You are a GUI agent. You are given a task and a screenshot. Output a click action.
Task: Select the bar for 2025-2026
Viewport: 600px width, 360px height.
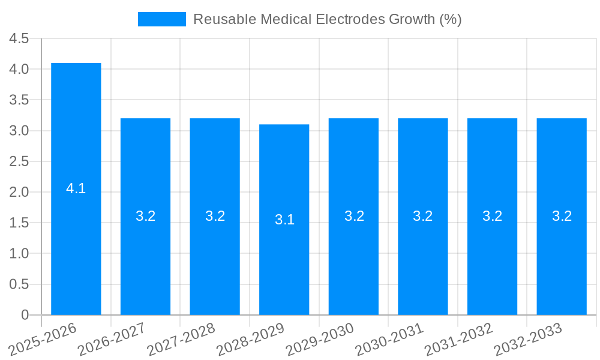[x=76, y=150]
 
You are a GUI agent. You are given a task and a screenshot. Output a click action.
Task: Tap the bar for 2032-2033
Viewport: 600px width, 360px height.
[x=562, y=168]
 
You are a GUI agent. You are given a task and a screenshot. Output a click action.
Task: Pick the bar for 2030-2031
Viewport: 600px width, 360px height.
[x=422, y=168]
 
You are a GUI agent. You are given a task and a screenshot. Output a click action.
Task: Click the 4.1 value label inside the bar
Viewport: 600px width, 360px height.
[x=76, y=188]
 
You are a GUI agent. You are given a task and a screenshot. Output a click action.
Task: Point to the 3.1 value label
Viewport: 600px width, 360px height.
[x=284, y=220]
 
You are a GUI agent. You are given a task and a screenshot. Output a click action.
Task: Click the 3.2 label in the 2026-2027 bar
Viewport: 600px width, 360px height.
[x=145, y=216]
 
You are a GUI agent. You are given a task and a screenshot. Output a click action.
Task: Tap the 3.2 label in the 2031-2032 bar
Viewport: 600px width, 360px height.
[x=492, y=216]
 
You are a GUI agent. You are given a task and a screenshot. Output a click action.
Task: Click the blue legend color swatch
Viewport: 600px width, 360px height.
[x=161, y=19]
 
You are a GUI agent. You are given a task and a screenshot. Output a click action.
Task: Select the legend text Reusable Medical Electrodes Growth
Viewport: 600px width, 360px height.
[x=327, y=19]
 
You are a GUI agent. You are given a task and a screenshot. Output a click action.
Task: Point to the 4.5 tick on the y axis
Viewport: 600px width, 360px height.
[x=19, y=39]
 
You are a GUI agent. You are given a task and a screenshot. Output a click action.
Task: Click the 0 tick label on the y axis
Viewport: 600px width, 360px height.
[x=25, y=315]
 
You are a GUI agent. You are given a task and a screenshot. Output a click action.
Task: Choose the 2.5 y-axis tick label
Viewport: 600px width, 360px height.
[x=19, y=161]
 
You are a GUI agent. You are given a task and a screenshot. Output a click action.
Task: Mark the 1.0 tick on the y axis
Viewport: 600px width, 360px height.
[x=19, y=254]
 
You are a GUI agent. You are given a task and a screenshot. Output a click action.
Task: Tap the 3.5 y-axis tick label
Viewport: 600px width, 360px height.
[x=19, y=100]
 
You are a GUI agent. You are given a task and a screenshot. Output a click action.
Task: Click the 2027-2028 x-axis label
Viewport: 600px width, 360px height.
[x=181, y=338]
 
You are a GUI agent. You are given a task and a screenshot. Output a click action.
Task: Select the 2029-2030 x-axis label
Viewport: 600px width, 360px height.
[x=320, y=338]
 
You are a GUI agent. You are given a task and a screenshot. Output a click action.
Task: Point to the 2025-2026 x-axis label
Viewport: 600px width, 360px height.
[x=42, y=338]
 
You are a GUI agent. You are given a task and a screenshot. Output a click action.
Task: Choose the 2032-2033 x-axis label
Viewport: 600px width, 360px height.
[x=528, y=338]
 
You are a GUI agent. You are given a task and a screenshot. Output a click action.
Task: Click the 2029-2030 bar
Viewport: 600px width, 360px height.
[x=353, y=168]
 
